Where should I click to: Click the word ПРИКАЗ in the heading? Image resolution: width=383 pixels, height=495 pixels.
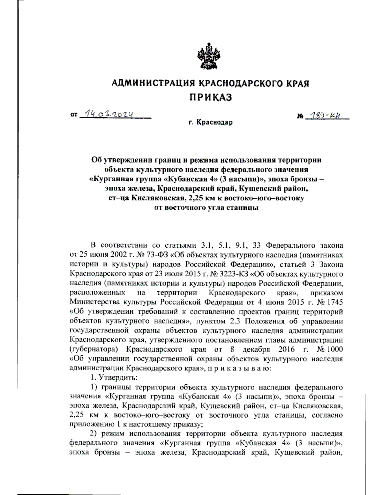[x=211, y=97]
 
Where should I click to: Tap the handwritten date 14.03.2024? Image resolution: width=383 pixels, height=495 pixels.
[x=107, y=114]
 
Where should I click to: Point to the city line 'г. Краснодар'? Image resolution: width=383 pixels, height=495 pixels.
[x=210, y=122]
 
